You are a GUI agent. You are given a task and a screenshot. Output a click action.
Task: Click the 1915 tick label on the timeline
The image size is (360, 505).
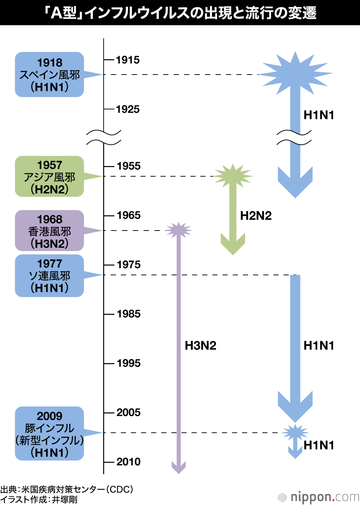128,60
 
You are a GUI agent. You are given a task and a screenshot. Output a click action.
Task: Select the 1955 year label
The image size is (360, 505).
129,166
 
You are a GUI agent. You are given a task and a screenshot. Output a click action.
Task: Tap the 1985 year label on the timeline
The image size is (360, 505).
129,314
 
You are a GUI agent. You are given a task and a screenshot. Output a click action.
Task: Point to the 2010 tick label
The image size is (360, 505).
129,462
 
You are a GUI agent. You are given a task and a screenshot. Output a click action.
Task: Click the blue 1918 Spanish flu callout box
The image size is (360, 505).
50,75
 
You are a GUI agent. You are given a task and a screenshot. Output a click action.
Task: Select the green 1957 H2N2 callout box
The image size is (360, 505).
50,176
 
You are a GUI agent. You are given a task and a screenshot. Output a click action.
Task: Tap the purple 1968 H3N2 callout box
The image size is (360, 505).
50,231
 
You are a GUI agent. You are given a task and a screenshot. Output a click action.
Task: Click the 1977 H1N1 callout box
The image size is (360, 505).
50,276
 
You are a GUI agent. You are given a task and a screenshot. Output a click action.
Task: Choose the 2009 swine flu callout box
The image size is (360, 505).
50,434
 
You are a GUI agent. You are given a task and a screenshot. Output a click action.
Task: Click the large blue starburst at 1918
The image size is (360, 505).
295,73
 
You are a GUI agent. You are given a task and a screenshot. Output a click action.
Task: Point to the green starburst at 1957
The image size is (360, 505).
233,176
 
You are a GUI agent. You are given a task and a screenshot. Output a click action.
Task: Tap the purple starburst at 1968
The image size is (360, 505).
179,230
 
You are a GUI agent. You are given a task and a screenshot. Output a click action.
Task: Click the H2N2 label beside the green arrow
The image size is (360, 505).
256,216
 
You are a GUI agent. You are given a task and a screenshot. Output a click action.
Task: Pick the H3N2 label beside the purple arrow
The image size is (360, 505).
201,345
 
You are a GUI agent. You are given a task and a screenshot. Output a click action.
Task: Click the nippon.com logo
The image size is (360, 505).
319,497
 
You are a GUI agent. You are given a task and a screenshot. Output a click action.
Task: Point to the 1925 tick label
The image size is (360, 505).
128,109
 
